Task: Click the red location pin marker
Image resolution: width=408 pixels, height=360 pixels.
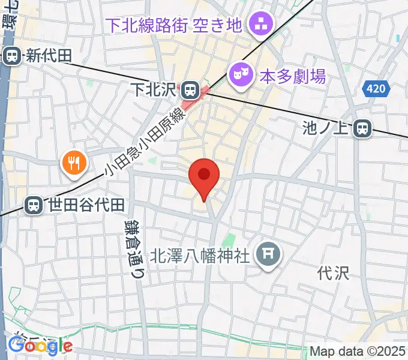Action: [x=204, y=176]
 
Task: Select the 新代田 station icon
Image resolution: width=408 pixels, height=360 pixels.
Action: [x=11, y=56]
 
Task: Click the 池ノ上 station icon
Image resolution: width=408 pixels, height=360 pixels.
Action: [x=362, y=128]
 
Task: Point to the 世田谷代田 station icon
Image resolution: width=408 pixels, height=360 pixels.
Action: [x=34, y=205]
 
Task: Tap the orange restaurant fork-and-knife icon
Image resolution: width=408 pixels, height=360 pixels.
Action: [x=74, y=162]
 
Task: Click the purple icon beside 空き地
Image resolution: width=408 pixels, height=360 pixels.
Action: [x=262, y=25]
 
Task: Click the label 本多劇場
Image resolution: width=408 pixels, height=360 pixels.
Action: [x=292, y=76]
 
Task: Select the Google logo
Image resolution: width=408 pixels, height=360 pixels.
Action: [x=40, y=346]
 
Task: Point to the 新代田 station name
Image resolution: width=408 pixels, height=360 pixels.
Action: [x=48, y=56]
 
